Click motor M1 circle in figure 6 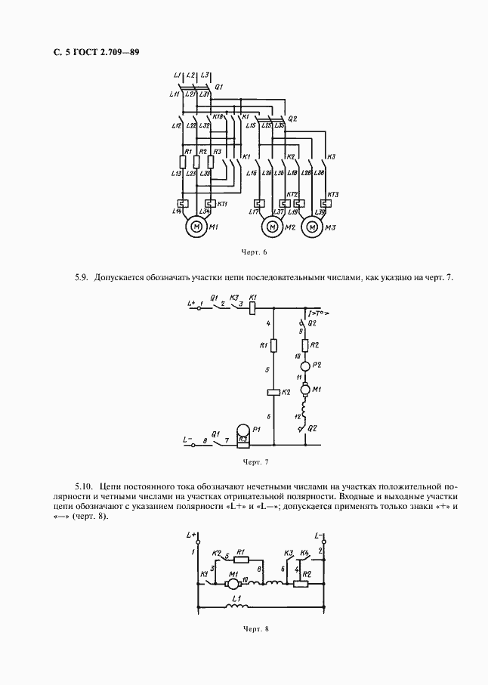pos(195,227)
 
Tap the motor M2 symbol pos(270,227)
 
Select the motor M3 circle pos(310,227)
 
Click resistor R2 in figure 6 pos(196,162)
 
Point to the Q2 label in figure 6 pos(293,119)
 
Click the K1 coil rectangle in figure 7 pos(254,307)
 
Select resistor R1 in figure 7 pos(273,345)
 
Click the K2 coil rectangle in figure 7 pos(273,393)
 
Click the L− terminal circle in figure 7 pos(193,445)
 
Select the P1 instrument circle pos(243,431)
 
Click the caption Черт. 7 pos(255,461)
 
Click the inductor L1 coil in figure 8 pos(238,606)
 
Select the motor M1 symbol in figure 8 pos(233,582)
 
